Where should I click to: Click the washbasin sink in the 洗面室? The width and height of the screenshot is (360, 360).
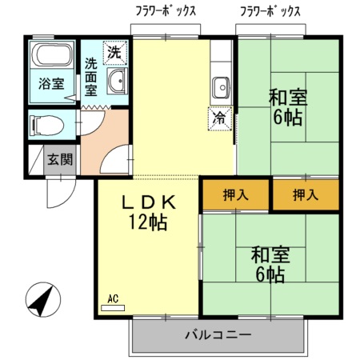pos(118,80)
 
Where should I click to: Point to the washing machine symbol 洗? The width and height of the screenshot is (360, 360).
pos(115,52)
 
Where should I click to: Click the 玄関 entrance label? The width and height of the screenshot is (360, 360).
pos(60,159)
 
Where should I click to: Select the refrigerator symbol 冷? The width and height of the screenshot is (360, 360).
pos(218,118)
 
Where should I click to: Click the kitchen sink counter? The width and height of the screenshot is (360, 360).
pos(220,83)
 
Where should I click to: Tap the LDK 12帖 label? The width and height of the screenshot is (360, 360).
pos(148,212)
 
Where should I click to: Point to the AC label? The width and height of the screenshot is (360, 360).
pos(113,298)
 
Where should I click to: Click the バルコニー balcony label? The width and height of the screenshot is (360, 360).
pos(218,334)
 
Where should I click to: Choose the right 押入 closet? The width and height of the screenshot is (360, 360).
pos(305,194)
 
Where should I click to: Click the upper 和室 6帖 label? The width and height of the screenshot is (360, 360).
pos(286,107)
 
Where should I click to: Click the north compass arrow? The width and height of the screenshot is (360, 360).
pos(40,301)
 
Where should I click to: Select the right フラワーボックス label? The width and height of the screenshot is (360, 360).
pos(270,12)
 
